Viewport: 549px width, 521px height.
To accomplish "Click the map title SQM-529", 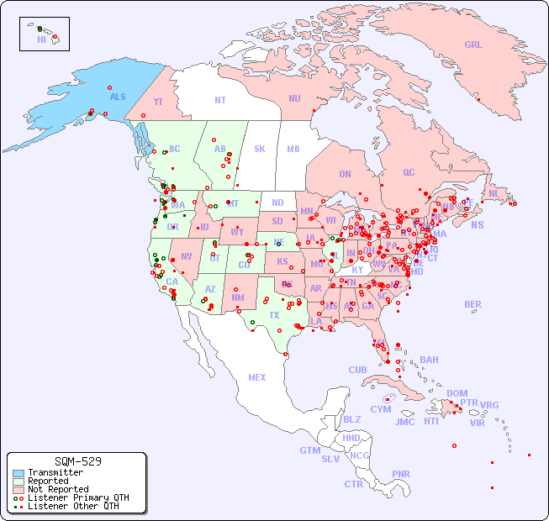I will (77, 461).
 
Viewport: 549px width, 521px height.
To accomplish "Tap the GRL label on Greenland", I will (473, 45).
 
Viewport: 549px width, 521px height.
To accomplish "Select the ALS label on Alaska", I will (118, 97).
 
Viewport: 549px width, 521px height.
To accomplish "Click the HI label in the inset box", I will (41, 39).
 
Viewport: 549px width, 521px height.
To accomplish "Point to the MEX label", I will (257, 377).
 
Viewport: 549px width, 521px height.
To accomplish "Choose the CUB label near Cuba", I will (357, 370).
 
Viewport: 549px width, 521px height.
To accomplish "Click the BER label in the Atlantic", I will (472, 304).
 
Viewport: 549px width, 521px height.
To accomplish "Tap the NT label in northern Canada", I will (219, 99).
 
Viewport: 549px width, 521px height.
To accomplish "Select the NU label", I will (294, 98).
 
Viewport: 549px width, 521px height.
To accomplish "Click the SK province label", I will (260, 149).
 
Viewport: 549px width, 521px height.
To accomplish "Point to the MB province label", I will (293, 149).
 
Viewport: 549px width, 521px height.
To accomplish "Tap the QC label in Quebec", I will (409, 172).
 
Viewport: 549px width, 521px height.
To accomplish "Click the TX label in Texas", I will (274, 315).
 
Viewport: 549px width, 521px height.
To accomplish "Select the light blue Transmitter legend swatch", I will (18, 472).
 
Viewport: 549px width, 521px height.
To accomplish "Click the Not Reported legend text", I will (57, 489).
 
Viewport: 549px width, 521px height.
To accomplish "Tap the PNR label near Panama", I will (401, 474).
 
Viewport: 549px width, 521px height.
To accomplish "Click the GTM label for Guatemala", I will (309, 450).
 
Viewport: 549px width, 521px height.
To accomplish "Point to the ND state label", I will (277, 203).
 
